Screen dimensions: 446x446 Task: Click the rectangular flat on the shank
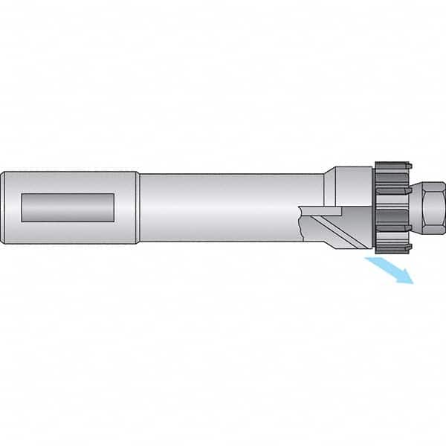(x=67, y=207)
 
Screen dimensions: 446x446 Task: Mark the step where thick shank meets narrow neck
(x=139, y=208)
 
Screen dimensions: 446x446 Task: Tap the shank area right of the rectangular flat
(x=126, y=208)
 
